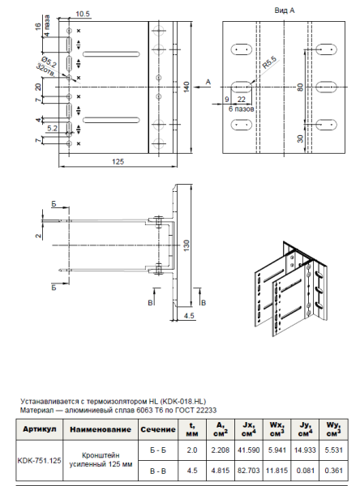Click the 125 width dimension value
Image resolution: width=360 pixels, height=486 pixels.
click(x=118, y=162)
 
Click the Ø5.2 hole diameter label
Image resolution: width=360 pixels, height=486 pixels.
click(x=50, y=60)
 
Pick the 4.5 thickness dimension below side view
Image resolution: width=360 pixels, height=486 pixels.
click(x=188, y=315)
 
